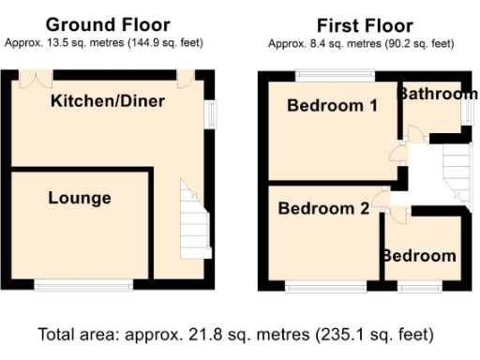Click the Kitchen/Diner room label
click(x=108, y=100)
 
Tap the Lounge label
click(x=80, y=198)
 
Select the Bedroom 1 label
click(x=332, y=105)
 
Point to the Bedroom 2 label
click(x=322, y=209)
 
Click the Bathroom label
click(x=438, y=94)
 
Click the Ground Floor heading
click(x=108, y=24)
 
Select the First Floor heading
click(x=360, y=24)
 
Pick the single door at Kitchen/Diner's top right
click(x=185, y=78)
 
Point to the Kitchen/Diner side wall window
click(x=211, y=112)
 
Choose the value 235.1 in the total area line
click(x=348, y=334)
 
